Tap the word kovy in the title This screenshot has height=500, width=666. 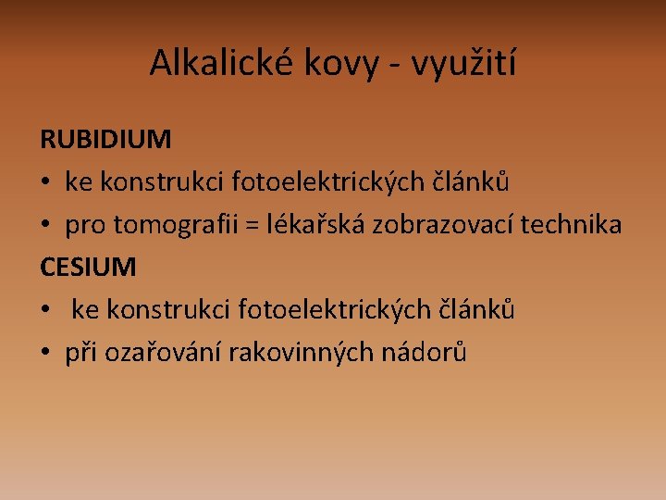coord(341,64)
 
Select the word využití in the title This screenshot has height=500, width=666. coord(463,63)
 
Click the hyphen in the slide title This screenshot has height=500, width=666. coord(395,66)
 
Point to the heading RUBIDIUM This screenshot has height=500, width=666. coord(105,139)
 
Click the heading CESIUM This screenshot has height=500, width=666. coord(88,267)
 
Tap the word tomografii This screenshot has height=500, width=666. coord(176,224)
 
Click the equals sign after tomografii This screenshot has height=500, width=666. coord(253,225)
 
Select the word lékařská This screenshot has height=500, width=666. coord(315,223)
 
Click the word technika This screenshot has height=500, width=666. coord(572,224)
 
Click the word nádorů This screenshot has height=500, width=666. coord(424,351)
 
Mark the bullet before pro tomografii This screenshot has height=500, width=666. coord(45,224)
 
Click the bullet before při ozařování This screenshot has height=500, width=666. coord(45,352)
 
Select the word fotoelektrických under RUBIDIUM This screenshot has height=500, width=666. coord(327,181)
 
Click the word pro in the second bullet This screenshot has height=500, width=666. coord(85,227)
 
